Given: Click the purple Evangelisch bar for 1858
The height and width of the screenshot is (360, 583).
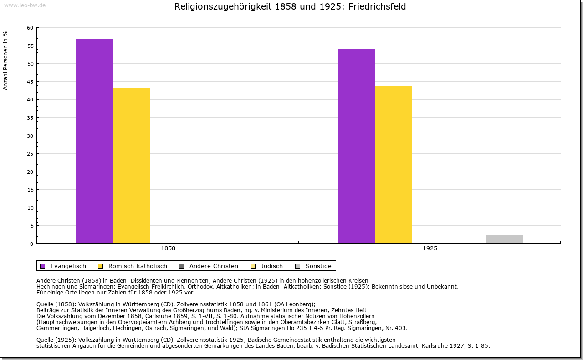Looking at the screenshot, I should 94,141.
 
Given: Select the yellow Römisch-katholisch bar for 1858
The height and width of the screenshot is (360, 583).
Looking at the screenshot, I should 132,166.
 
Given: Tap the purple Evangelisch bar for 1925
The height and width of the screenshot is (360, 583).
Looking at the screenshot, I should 356,146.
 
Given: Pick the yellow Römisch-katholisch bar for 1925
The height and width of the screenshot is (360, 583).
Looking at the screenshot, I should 394,165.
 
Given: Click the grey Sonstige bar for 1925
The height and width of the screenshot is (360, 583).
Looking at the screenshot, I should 504,239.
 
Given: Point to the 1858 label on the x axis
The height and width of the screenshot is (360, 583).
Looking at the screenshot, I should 168,248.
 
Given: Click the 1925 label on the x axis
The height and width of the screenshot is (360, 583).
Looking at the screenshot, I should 430,248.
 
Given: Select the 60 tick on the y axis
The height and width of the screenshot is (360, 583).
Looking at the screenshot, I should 30,28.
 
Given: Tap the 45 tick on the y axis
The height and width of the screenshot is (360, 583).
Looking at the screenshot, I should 30,82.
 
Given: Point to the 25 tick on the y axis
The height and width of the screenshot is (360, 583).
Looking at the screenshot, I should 30,154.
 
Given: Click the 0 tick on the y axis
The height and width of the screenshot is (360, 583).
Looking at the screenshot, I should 31,244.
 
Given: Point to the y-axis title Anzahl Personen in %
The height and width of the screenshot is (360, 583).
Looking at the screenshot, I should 5,61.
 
